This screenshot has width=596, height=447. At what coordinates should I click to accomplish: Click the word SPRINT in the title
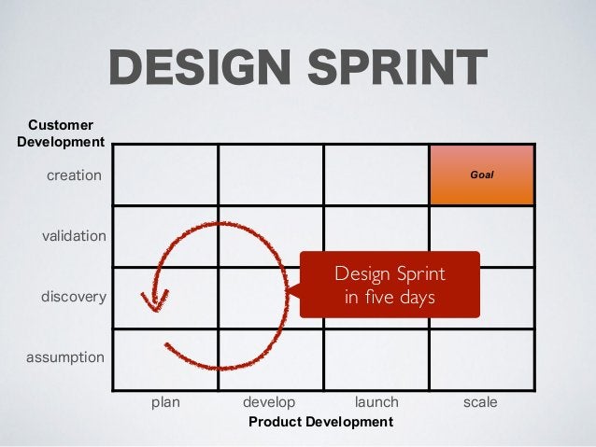(x=400, y=68)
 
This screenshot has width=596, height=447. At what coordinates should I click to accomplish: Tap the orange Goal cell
(x=481, y=175)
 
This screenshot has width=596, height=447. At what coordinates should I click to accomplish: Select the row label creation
(x=74, y=175)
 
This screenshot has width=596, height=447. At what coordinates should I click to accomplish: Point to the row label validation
(x=74, y=236)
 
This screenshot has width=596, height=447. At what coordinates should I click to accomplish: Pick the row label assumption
(x=64, y=356)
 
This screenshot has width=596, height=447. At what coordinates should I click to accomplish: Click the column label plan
(x=165, y=402)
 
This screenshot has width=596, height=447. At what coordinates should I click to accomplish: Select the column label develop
(x=269, y=402)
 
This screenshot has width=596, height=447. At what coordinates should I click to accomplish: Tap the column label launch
(x=376, y=402)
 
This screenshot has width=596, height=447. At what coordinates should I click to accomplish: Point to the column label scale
(x=480, y=402)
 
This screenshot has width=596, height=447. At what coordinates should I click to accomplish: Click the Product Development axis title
(x=320, y=423)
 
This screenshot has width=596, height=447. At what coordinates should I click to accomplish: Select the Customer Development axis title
(x=61, y=133)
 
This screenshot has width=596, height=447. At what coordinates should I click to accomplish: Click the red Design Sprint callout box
(x=389, y=285)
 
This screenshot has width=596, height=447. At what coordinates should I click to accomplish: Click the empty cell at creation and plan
(x=165, y=175)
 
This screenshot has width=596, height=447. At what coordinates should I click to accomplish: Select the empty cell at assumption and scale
(x=481, y=358)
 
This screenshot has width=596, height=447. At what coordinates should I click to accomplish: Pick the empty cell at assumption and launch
(x=376, y=358)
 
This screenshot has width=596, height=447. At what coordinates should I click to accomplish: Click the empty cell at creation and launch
(x=376, y=175)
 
